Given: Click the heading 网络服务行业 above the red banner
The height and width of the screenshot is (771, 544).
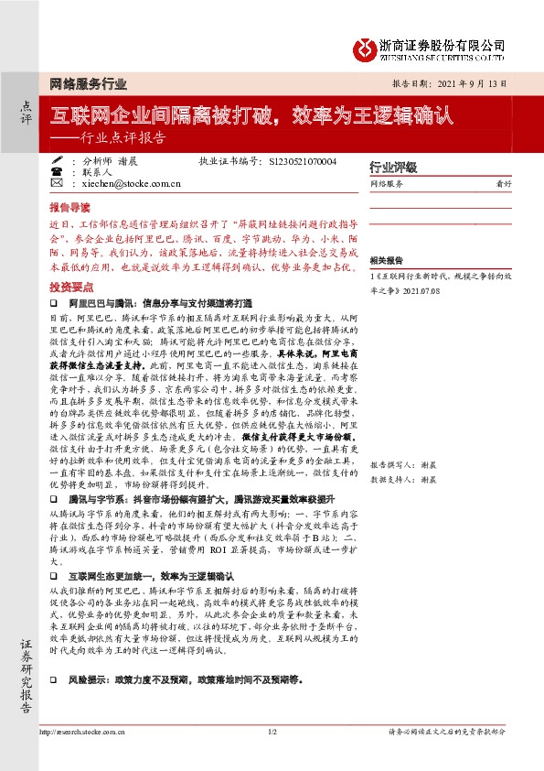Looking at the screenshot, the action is tap(82, 83).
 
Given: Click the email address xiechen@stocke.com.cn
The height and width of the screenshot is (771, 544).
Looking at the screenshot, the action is tap(124, 183).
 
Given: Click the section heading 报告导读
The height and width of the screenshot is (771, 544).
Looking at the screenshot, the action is tap(70, 207).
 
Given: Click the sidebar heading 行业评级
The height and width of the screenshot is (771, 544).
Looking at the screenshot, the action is tap(393, 168).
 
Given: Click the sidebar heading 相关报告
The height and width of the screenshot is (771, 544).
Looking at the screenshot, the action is tap(388, 260).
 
